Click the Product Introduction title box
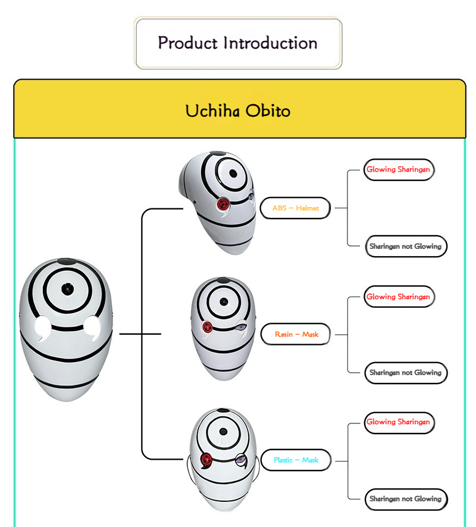(x=238, y=43)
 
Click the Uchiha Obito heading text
(x=238, y=111)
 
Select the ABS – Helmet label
(x=295, y=208)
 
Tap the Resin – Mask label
(x=296, y=334)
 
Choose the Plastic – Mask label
(x=296, y=460)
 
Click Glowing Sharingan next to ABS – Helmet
(x=398, y=170)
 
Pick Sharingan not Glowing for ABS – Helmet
(x=405, y=246)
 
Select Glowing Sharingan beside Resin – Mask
(x=398, y=297)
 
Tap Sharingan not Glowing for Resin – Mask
(x=405, y=372)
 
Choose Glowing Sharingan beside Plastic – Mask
(x=398, y=422)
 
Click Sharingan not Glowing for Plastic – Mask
(x=405, y=498)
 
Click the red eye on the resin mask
(x=208, y=326)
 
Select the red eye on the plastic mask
(x=207, y=459)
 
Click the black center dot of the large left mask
(x=65, y=288)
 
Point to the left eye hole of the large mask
(x=43, y=326)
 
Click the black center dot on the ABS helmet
(x=233, y=174)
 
